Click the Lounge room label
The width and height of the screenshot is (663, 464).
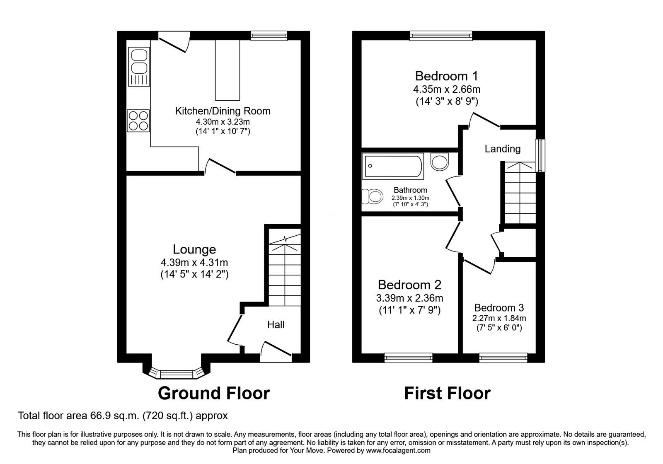[x=194, y=249]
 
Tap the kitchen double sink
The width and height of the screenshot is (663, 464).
[x=139, y=66]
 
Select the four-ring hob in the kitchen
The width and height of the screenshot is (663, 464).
[x=138, y=121]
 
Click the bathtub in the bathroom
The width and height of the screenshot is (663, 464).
[x=393, y=166]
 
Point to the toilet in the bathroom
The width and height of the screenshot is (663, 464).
[x=372, y=196]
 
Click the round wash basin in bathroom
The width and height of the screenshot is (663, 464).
[x=440, y=162]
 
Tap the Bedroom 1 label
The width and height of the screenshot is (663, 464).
[x=446, y=76]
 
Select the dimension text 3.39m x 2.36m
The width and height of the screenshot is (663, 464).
[x=409, y=298]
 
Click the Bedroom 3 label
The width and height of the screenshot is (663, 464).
[x=499, y=308]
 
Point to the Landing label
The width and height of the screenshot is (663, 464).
[x=503, y=149]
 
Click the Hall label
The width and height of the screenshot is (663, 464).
[x=276, y=324]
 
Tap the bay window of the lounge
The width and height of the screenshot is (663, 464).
[x=177, y=374]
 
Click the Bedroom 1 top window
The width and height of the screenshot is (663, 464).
[x=441, y=36]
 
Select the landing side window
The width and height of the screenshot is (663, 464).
[x=540, y=155]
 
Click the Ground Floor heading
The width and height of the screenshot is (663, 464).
[x=214, y=393]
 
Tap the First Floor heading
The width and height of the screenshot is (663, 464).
[x=447, y=393]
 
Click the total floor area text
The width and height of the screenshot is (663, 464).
[x=123, y=415]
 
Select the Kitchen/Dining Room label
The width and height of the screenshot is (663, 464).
[x=223, y=111]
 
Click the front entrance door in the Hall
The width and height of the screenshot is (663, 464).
[x=276, y=349]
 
